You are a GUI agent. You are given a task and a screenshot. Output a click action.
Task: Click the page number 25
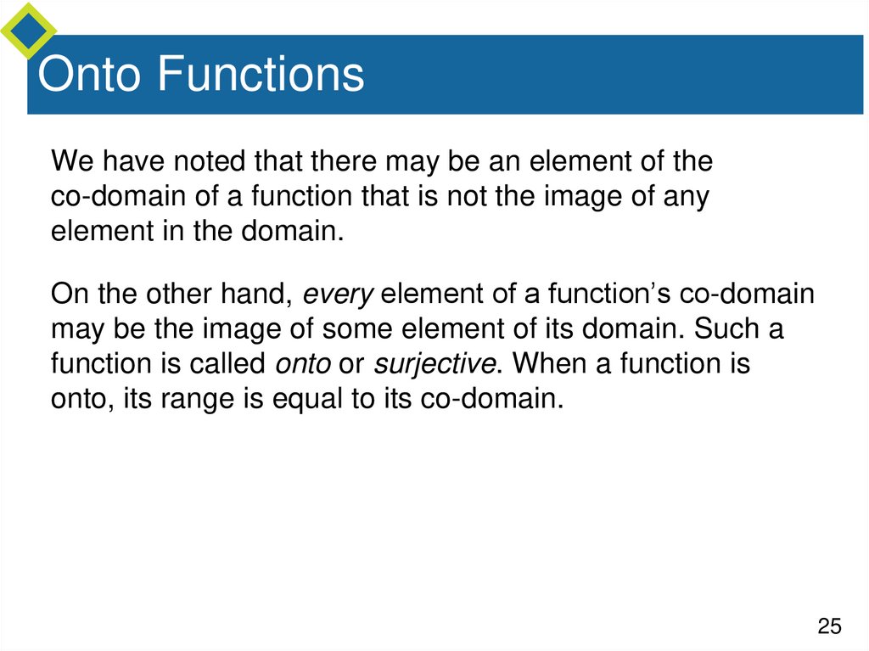click(x=829, y=626)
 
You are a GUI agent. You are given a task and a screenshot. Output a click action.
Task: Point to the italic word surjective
click(x=435, y=365)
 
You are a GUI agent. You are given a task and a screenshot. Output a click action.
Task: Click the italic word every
click(x=339, y=295)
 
